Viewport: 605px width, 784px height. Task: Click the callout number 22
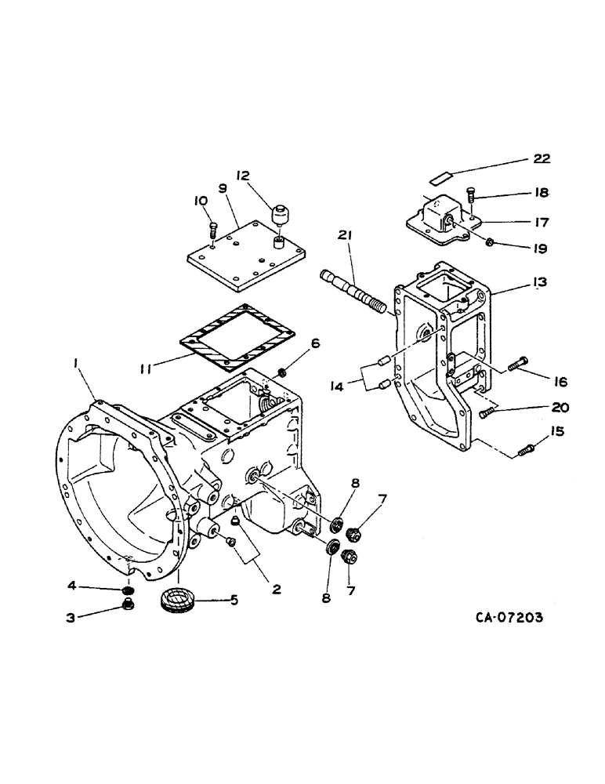(x=541, y=158)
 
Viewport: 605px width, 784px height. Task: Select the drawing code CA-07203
(x=508, y=617)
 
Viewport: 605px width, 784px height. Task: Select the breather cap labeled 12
(x=279, y=213)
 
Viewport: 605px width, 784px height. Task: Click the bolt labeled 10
(x=213, y=228)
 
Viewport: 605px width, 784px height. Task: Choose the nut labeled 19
(x=488, y=241)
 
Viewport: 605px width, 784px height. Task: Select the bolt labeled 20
(x=487, y=411)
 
